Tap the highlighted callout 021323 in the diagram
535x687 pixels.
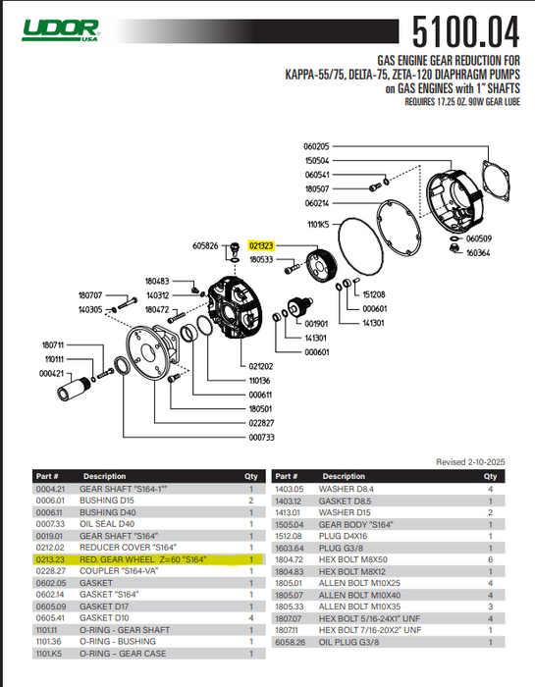(262, 246)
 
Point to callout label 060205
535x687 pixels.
(316, 146)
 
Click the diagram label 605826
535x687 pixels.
(206, 246)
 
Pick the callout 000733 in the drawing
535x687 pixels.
(261, 437)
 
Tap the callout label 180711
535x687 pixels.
(53, 344)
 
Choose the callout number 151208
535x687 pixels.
(374, 293)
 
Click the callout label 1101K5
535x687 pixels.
(316, 224)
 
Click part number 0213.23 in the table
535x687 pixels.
(49, 559)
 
